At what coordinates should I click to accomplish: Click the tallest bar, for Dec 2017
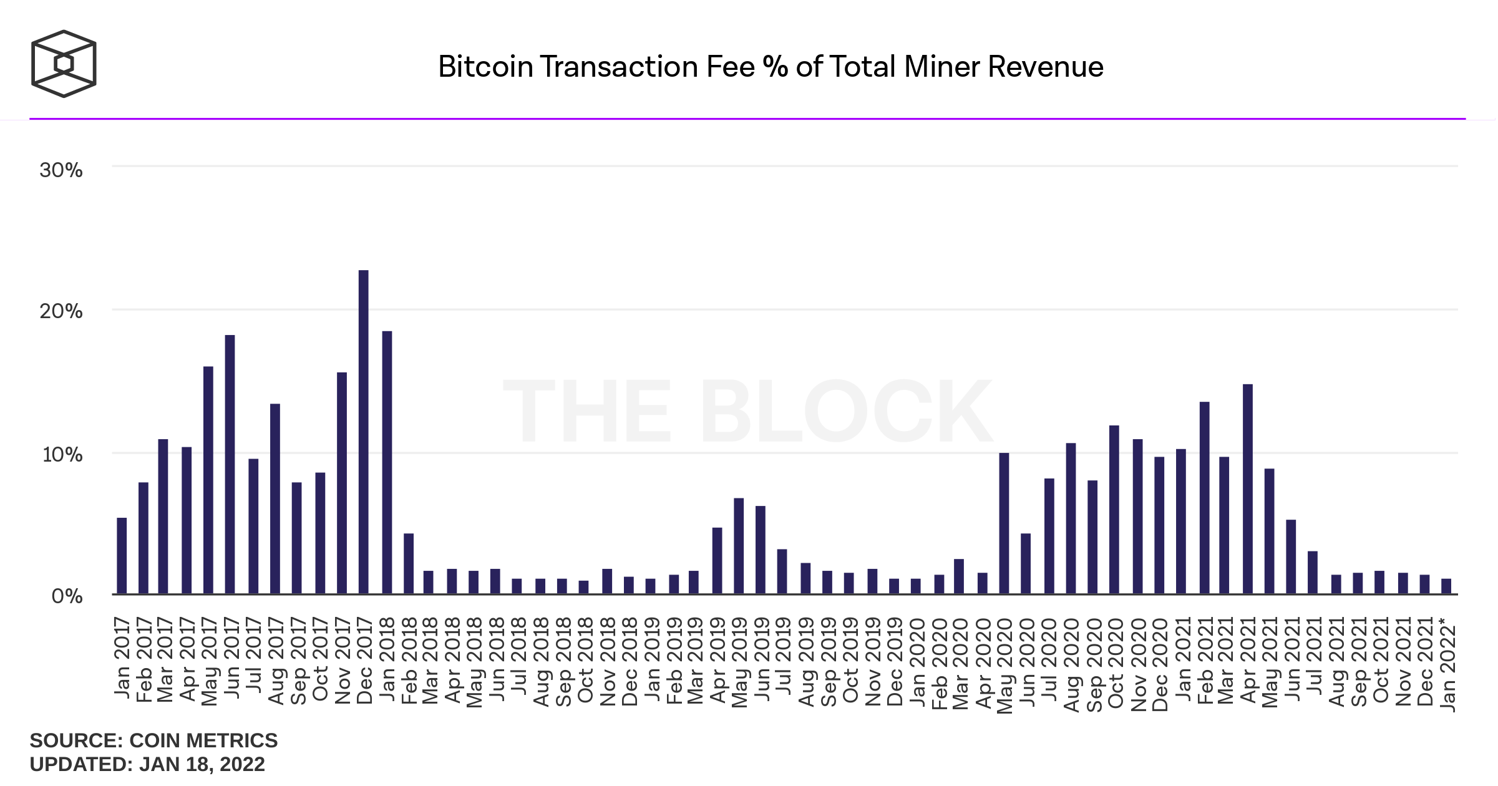point(364,432)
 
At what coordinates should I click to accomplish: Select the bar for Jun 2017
point(230,464)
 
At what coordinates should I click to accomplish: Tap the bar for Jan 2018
point(387,462)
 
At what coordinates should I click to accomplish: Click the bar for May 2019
point(739,546)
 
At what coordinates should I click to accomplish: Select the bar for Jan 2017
point(122,556)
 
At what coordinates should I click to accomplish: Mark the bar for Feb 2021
point(1205,497)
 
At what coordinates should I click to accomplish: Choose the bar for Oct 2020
point(1114,509)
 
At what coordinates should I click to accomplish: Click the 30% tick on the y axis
point(61,170)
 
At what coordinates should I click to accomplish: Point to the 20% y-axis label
point(61,311)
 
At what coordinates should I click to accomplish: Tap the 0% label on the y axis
point(67,596)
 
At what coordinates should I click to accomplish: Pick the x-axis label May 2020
point(1004,665)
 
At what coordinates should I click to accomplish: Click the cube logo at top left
point(64,64)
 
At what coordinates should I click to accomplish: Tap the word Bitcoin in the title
point(485,67)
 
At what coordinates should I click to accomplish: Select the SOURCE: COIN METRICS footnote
point(153,740)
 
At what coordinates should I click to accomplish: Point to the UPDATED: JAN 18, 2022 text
point(147,764)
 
